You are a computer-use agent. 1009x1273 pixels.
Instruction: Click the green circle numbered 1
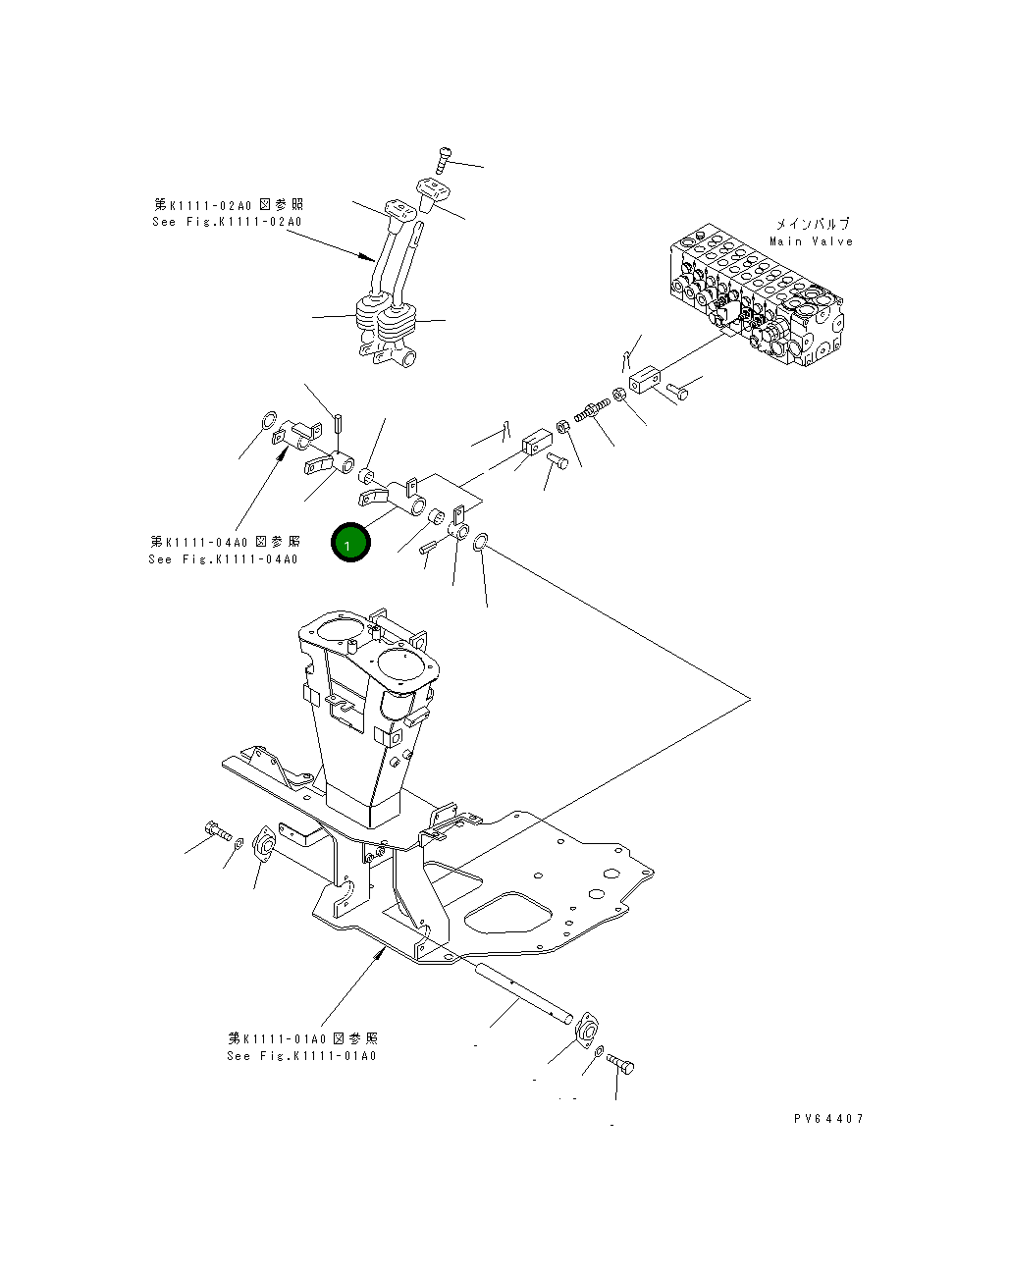click(350, 543)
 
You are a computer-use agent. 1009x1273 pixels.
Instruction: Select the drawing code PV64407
click(828, 1118)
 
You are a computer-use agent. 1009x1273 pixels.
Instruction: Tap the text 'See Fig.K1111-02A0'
click(227, 222)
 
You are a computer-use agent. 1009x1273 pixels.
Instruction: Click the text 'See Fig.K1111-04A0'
click(223, 559)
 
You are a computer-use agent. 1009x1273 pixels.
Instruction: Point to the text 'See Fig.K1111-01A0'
click(301, 1056)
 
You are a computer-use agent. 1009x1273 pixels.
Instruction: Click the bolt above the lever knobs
click(443, 158)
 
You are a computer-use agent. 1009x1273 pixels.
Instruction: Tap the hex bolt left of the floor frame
click(217, 831)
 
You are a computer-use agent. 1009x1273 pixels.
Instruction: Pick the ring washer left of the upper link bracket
click(266, 424)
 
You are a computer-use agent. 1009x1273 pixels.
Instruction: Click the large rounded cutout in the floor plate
click(510, 916)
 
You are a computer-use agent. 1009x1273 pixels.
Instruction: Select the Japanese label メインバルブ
click(812, 224)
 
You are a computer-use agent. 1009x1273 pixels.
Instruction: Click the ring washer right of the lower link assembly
click(481, 541)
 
